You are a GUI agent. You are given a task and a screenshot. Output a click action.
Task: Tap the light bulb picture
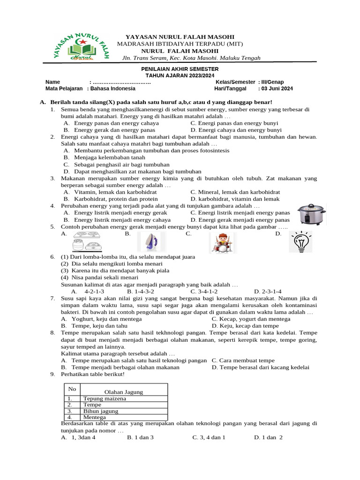(300, 242)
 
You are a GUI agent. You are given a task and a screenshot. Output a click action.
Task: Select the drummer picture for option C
(223, 243)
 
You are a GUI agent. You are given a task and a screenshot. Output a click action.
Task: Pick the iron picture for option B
(151, 242)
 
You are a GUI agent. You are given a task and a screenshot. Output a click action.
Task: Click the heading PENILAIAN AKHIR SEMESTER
(180, 69)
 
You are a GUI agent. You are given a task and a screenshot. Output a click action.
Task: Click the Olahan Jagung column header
(124, 392)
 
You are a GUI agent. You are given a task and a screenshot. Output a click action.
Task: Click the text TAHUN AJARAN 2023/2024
(180, 75)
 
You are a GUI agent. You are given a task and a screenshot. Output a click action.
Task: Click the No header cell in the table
(72, 389)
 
